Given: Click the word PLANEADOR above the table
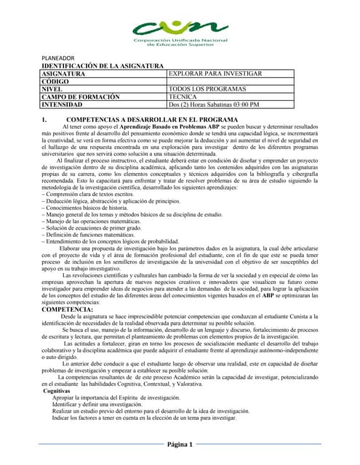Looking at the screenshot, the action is point(57,57).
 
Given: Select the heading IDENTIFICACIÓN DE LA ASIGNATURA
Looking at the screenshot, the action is point(102,66).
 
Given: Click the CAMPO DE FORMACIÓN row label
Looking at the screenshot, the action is point(80,97).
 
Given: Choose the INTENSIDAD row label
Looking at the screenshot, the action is point(65,105).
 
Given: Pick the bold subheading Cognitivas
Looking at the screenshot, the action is point(57,391).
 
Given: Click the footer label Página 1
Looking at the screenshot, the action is point(180,444).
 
